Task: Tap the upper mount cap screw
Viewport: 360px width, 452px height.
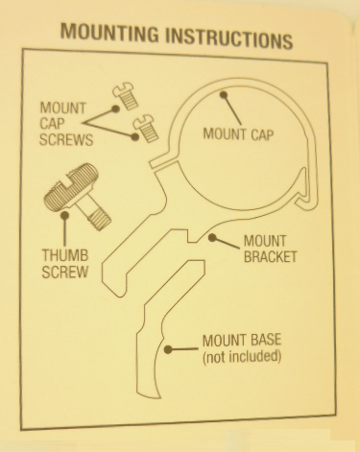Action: click(123, 93)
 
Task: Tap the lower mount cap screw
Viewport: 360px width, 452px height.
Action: click(144, 124)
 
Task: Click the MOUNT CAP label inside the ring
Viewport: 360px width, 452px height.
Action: click(239, 133)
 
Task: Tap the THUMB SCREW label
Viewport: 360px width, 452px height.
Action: click(65, 264)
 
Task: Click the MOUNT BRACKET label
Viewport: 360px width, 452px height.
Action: click(269, 249)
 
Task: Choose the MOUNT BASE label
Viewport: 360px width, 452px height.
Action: click(242, 341)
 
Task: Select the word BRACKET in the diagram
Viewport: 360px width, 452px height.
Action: click(269, 256)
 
